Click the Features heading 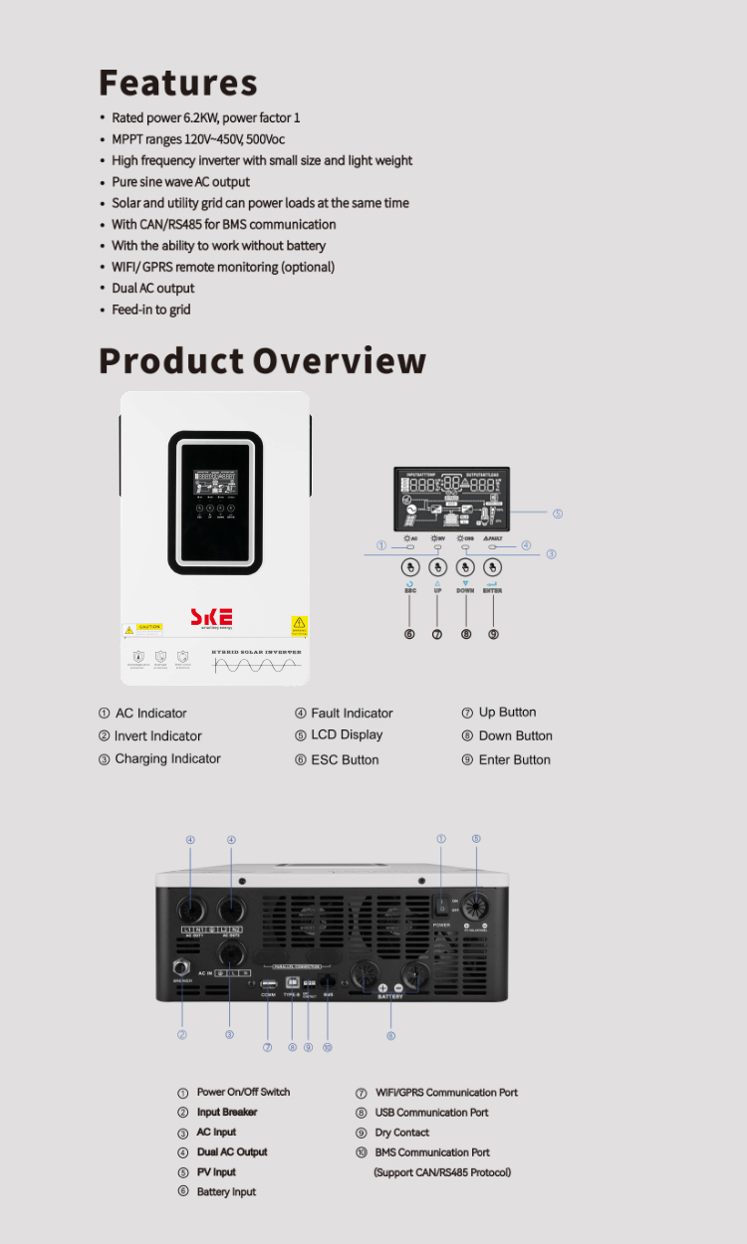click(178, 83)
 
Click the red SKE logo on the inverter click(211, 617)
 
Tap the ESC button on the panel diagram click(409, 567)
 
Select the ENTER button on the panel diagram click(492, 567)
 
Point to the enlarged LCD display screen click(451, 499)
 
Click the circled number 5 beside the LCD click(558, 514)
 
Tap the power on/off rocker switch click(442, 907)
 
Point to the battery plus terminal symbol click(382, 987)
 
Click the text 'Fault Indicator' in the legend click(352, 713)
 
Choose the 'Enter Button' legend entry click(514, 759)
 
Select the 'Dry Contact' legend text click(401, 1133)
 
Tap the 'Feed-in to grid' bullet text click(150, 310)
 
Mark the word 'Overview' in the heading click(340, 360)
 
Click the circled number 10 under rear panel click(327, 1047)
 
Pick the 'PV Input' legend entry click(216, 1172)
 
